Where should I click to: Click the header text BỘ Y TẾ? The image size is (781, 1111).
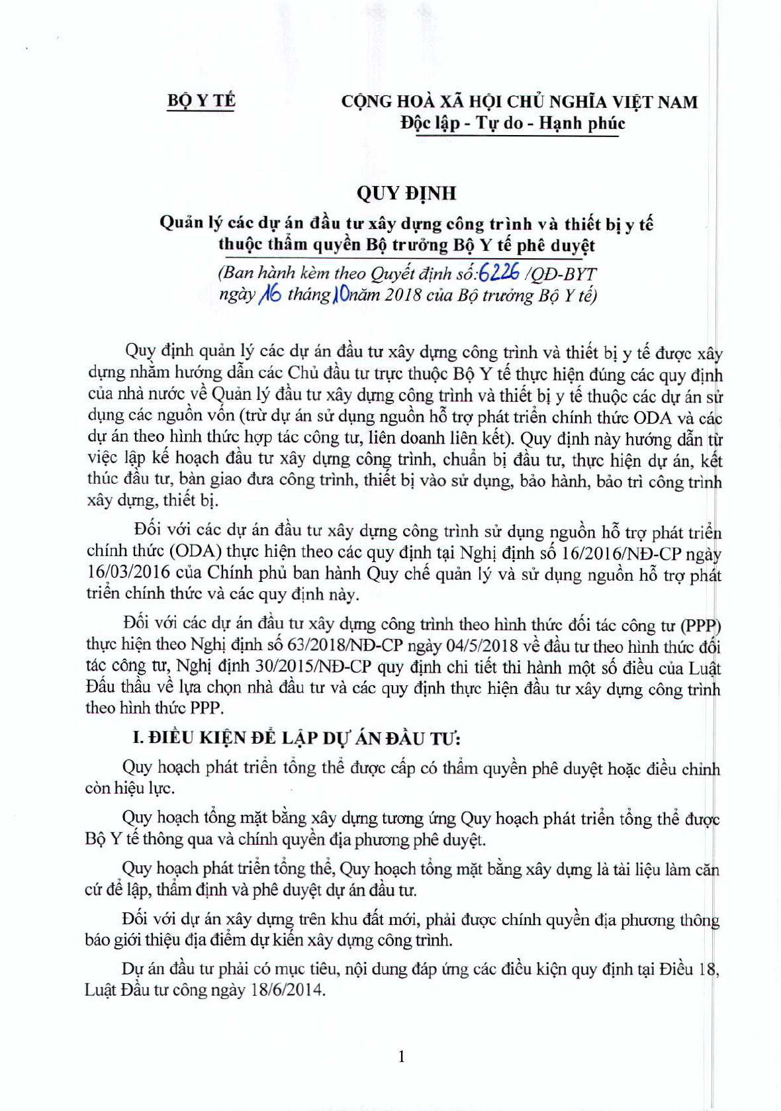coord(201,101)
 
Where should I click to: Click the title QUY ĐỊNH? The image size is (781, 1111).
coord(406,193)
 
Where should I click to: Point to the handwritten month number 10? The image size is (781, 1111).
coord(342,294)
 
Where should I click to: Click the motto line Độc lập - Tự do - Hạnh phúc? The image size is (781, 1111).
coord(512,123)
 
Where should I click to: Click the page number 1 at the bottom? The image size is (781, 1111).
coord(401,1056)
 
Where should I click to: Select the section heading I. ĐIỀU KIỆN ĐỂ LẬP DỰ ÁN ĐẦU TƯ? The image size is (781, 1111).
coord(297,738)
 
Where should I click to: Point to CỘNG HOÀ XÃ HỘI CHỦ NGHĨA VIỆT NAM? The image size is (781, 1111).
coord(519,102)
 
